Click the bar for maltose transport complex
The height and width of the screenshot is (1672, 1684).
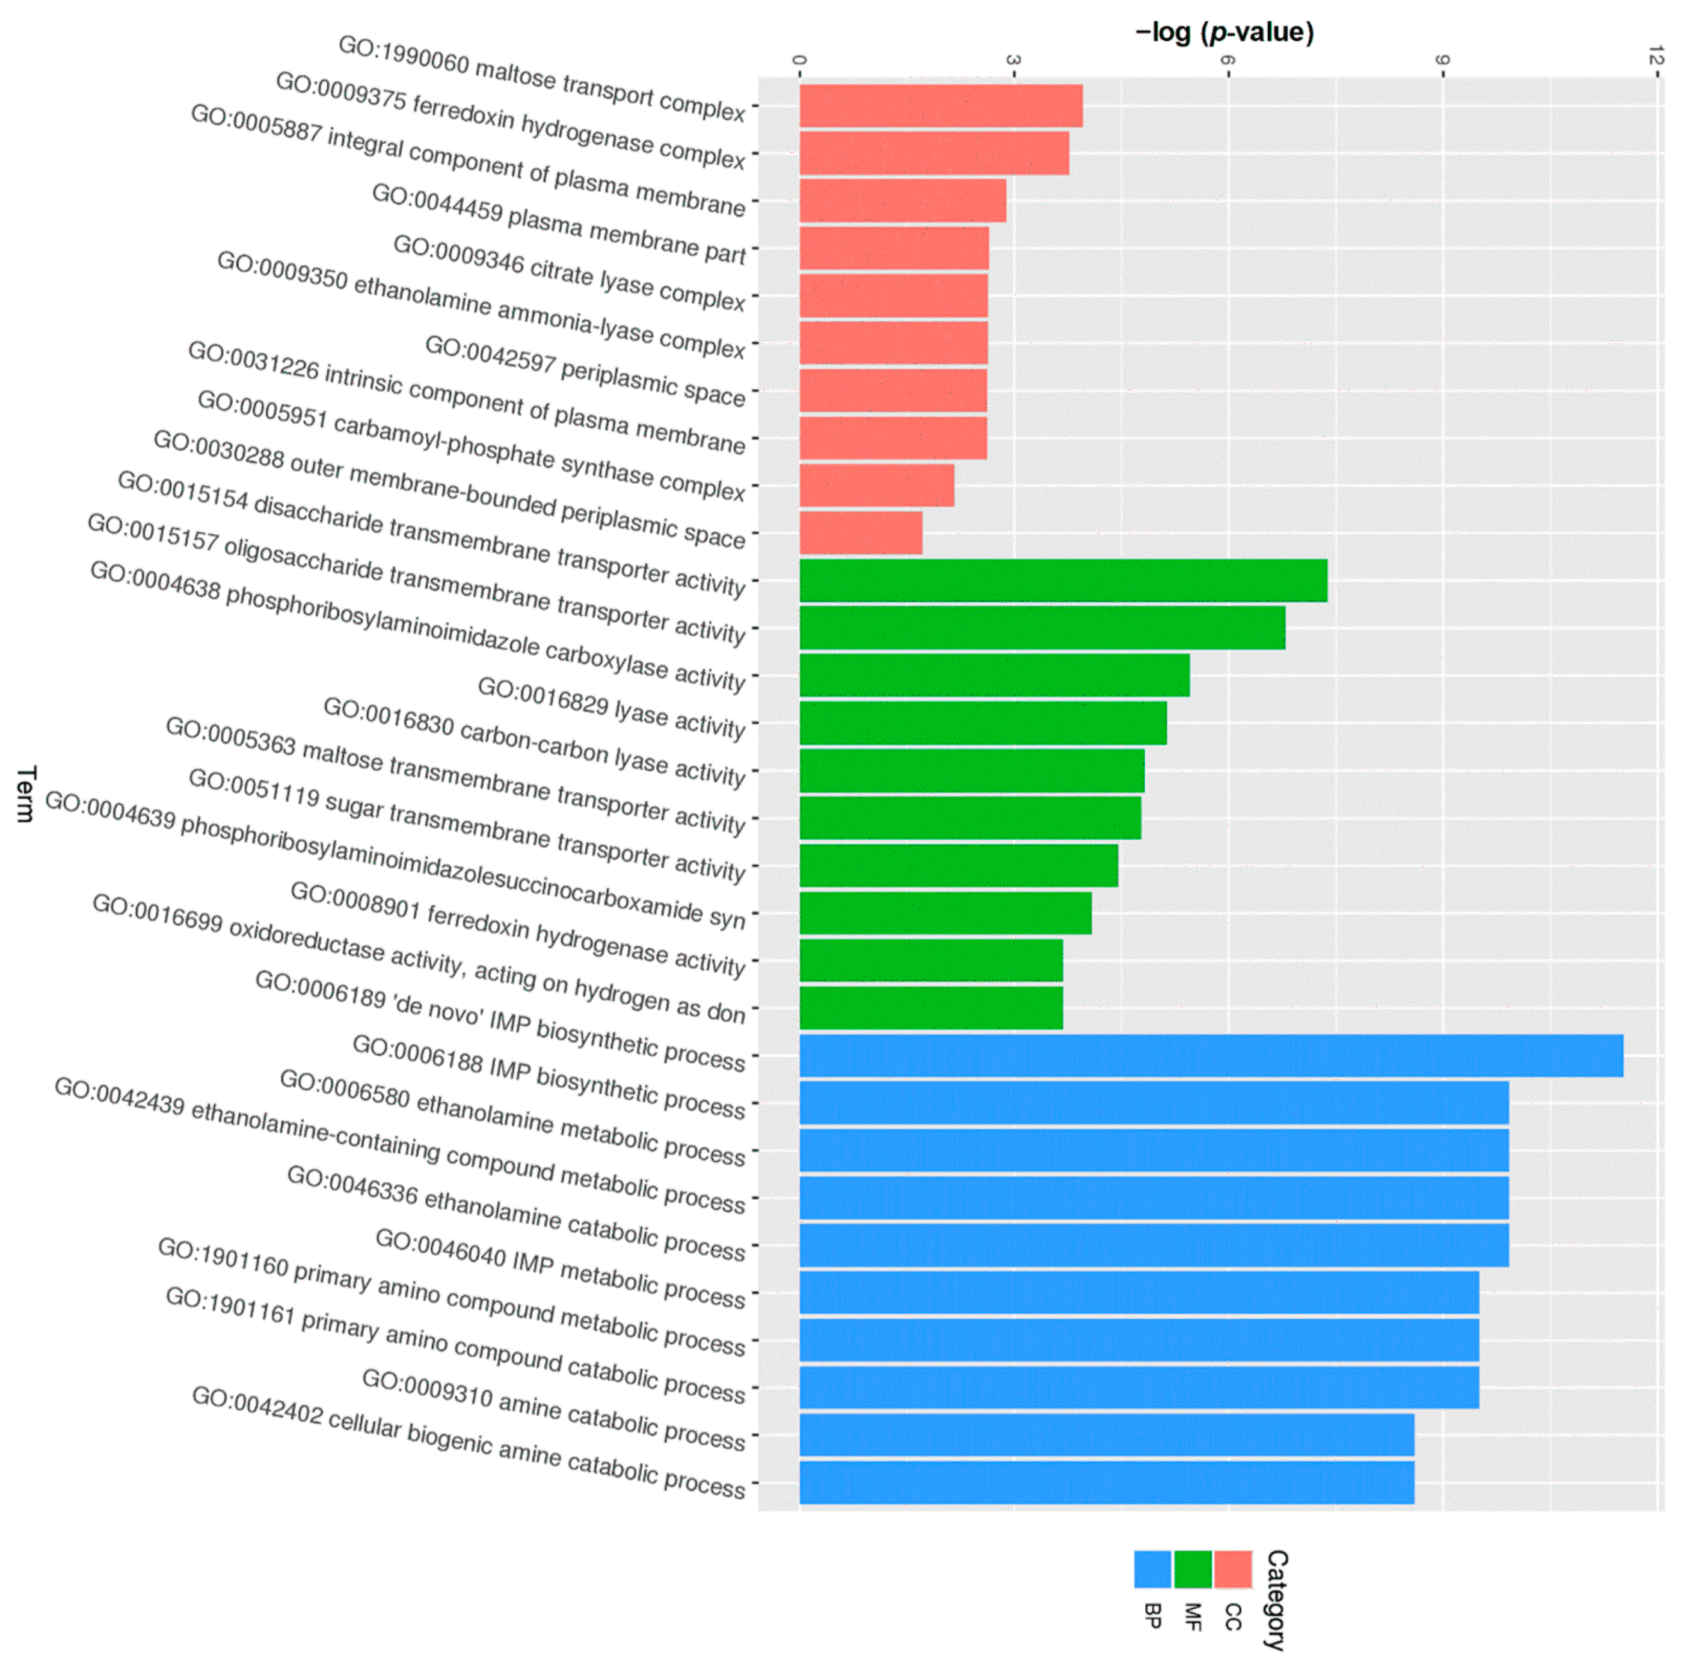pyautogui.click(x=941, y=105)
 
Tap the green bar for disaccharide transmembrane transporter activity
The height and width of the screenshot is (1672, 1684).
pyautogui.click(x=1063, y=580)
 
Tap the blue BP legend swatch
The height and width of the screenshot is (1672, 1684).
pyautogui.click(x=1152, y=1569)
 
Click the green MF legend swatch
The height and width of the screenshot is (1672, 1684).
pyautogui.click(x=1193, y=1569)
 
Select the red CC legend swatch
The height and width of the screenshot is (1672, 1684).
pyautogui.click(x=1232, y=1569)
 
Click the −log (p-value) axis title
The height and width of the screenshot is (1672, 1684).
pyautogui.click(x=1224, y=33)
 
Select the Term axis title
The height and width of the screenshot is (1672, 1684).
pyautogui.click(x=26, y=794)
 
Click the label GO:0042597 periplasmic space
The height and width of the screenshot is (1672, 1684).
pyautogui.click(x=585, y=371)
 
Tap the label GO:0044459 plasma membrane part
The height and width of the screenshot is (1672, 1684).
pyautogui.click(x=559, y=223)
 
